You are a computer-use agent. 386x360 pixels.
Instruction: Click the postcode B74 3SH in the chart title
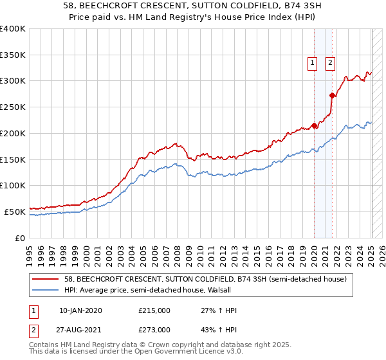(x=270, y=6)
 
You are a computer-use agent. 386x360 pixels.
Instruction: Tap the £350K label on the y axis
(x=13, y=55)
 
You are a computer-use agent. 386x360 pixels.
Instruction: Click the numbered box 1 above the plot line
(x=312, y=62)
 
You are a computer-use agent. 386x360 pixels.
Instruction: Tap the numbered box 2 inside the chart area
(x=330, y=62)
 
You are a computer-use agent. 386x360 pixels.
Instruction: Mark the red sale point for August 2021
(x=333, y=96)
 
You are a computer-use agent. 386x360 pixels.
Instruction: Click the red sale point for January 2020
(x=314, y=125)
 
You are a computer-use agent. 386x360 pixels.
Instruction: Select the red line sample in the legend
(x=46, y=279)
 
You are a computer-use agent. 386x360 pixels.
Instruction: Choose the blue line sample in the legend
(x=46, y=290)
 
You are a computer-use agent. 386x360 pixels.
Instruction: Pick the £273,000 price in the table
(x=154, y=330)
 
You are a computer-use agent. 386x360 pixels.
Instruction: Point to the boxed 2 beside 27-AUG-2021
(x=33, y=330)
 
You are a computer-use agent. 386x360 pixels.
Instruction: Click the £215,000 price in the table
(x=154, y=310)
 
